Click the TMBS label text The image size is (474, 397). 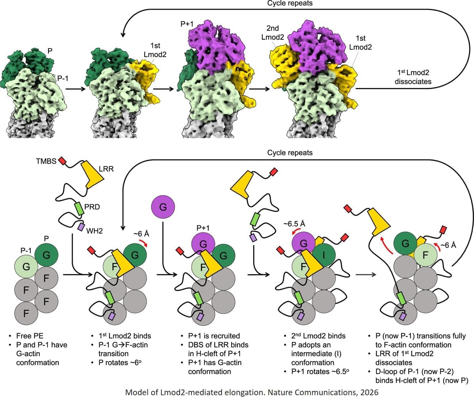[x=46, y=161]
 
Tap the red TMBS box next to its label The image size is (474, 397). [x=62, y=161]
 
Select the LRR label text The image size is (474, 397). [x=106, y=169]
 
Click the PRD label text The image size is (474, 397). [x=92, y=207]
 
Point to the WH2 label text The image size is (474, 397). [x=94, y=231]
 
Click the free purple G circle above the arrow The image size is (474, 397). [x=163, y=207]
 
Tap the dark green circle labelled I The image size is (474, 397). [x=323, y=255]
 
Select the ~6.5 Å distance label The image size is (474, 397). [x=294, y=224]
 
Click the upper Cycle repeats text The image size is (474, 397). [x=290, y=3]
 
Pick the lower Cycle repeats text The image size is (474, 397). [x=290, y=152]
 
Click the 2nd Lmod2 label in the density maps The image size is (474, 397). [x=272, y=33]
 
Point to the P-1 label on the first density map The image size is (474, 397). [x=63, y=78]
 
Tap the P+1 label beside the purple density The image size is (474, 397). [x=187, y=24]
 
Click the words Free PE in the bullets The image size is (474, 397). [x=30, y=336]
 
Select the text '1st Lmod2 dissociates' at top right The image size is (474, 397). [x=413, y=77]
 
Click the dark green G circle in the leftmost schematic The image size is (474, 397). [x=46, y=255]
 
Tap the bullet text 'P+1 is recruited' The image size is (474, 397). [x=214, y=336]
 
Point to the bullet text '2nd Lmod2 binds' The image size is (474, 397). [x=318, y=336]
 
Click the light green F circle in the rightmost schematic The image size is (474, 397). [x=426, y=255]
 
